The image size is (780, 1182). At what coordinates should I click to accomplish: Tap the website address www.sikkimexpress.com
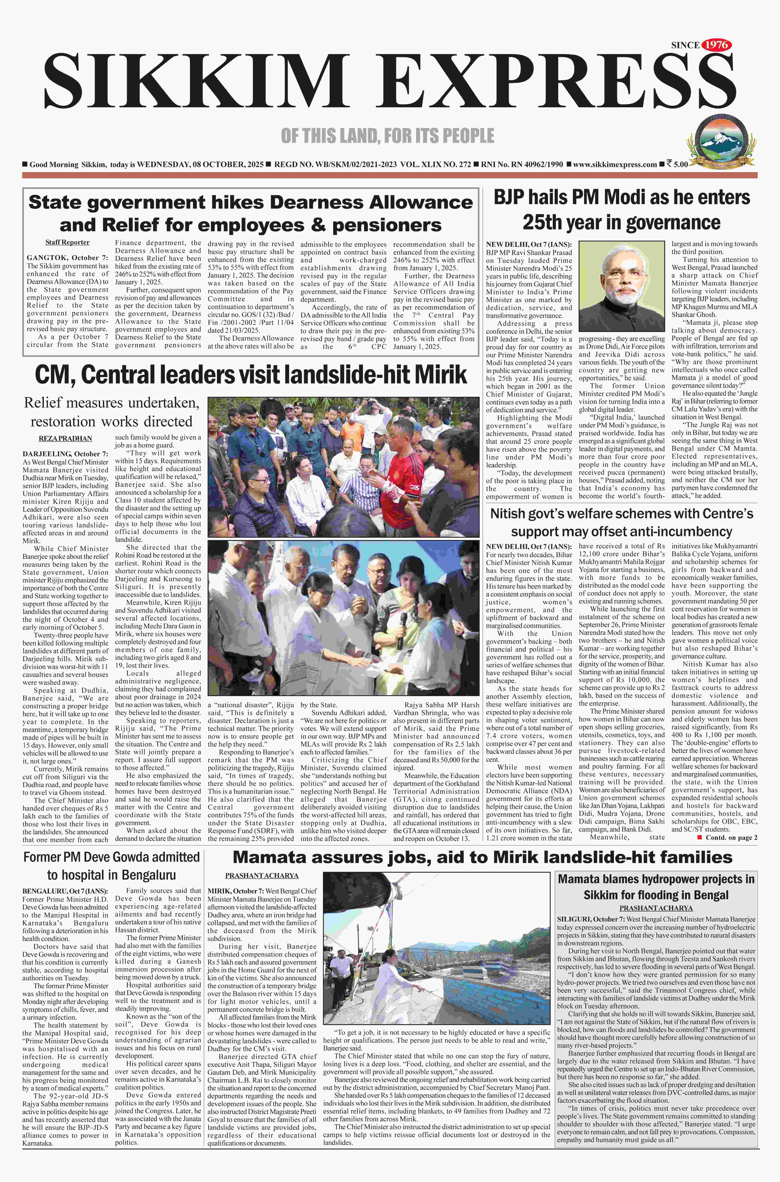pyautogui.click(x=615, y=164)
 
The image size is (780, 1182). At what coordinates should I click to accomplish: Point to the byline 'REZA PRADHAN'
pyautogui.click(x=65, y=438)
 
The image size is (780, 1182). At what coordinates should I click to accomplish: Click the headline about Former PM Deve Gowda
pyautogui.click(x=112, y=866)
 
